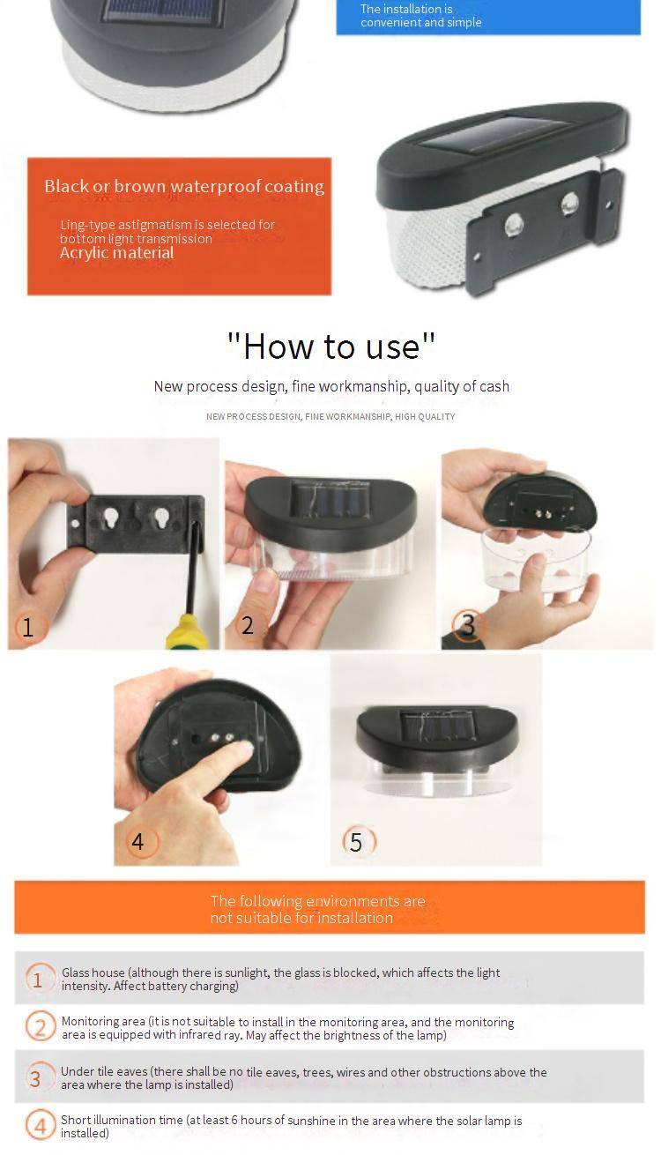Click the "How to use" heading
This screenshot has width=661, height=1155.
[x=331, y=346]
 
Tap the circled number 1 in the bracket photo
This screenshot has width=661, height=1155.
[x=29, y=627]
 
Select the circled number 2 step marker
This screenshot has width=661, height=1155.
[x=248, y=625]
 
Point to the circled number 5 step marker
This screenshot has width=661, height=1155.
[x=359, y=841]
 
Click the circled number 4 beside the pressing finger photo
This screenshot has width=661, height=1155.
[x=141, y=841]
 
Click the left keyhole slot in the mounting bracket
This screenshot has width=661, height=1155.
[x=111, y=518]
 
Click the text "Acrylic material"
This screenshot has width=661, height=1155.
[x=117, y=253]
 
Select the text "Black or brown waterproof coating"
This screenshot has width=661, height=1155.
[x=184, y=186]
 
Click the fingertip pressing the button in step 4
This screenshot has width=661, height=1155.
[x=243, y=749]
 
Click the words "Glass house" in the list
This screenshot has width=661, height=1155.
[x=93, y=972]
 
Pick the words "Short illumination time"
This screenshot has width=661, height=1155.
[x=122, y=1120]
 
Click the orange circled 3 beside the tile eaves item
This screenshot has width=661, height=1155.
[x=36, y=1078]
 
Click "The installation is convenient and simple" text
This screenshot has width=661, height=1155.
[x=420, y=16]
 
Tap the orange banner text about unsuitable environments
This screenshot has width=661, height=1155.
[x=317, y=909]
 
